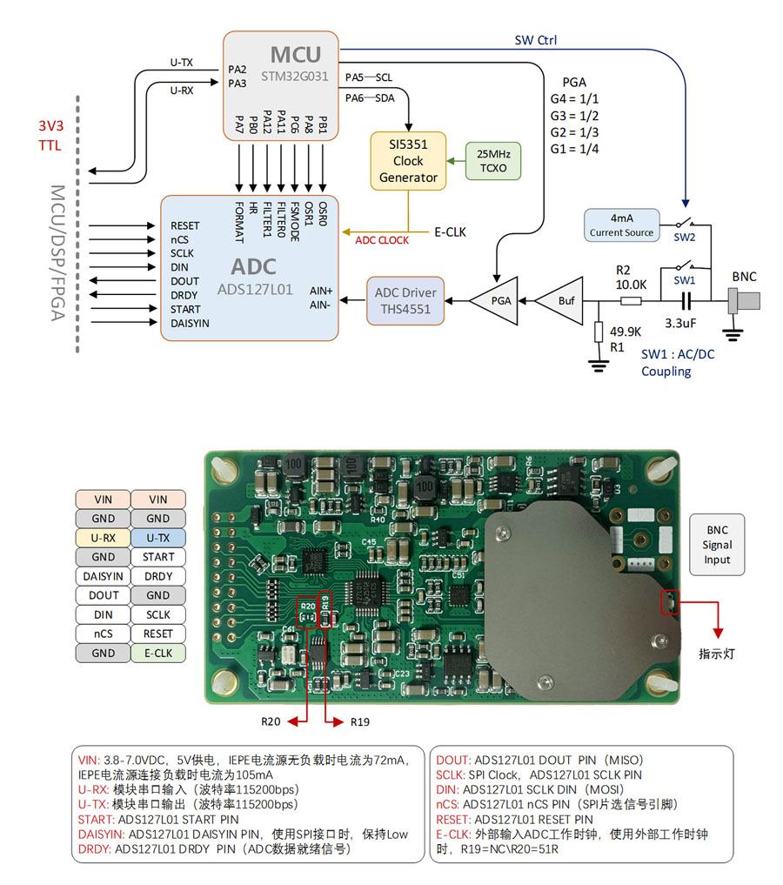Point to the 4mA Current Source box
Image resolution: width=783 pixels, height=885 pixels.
(x=620, y=225)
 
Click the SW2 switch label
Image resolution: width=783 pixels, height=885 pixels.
(x=685, y=238)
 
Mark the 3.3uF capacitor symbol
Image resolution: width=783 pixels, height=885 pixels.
(x=685, y=301)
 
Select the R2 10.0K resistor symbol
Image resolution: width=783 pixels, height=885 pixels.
(x=632, y=301)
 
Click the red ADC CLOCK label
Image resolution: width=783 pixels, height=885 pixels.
(x=382, y=240)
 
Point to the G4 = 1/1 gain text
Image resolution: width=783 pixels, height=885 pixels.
(x=574, y=99)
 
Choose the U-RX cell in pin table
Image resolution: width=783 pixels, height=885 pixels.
(x=103, y=538)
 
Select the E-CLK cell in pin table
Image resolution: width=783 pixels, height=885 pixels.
(x=158, y=653)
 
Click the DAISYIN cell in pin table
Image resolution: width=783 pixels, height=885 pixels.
(x=103, y=576)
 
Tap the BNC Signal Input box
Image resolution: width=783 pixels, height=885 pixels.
(x=717, y=545)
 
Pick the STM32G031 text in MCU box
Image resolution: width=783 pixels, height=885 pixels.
(x=295, y=77)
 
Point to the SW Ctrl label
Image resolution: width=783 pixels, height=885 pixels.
(x=536, y=40)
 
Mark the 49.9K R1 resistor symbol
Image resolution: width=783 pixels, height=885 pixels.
(x=598, y=333)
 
